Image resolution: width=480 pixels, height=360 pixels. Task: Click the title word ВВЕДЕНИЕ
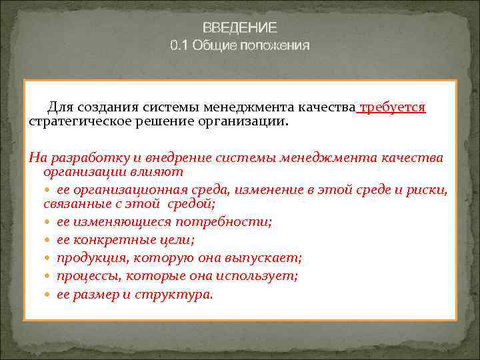click(240, 28)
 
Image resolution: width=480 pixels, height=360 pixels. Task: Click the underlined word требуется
click(393, 108)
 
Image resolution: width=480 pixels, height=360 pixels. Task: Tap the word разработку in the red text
click(78, 157)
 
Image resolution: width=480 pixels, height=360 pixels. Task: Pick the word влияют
click(156, 171)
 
